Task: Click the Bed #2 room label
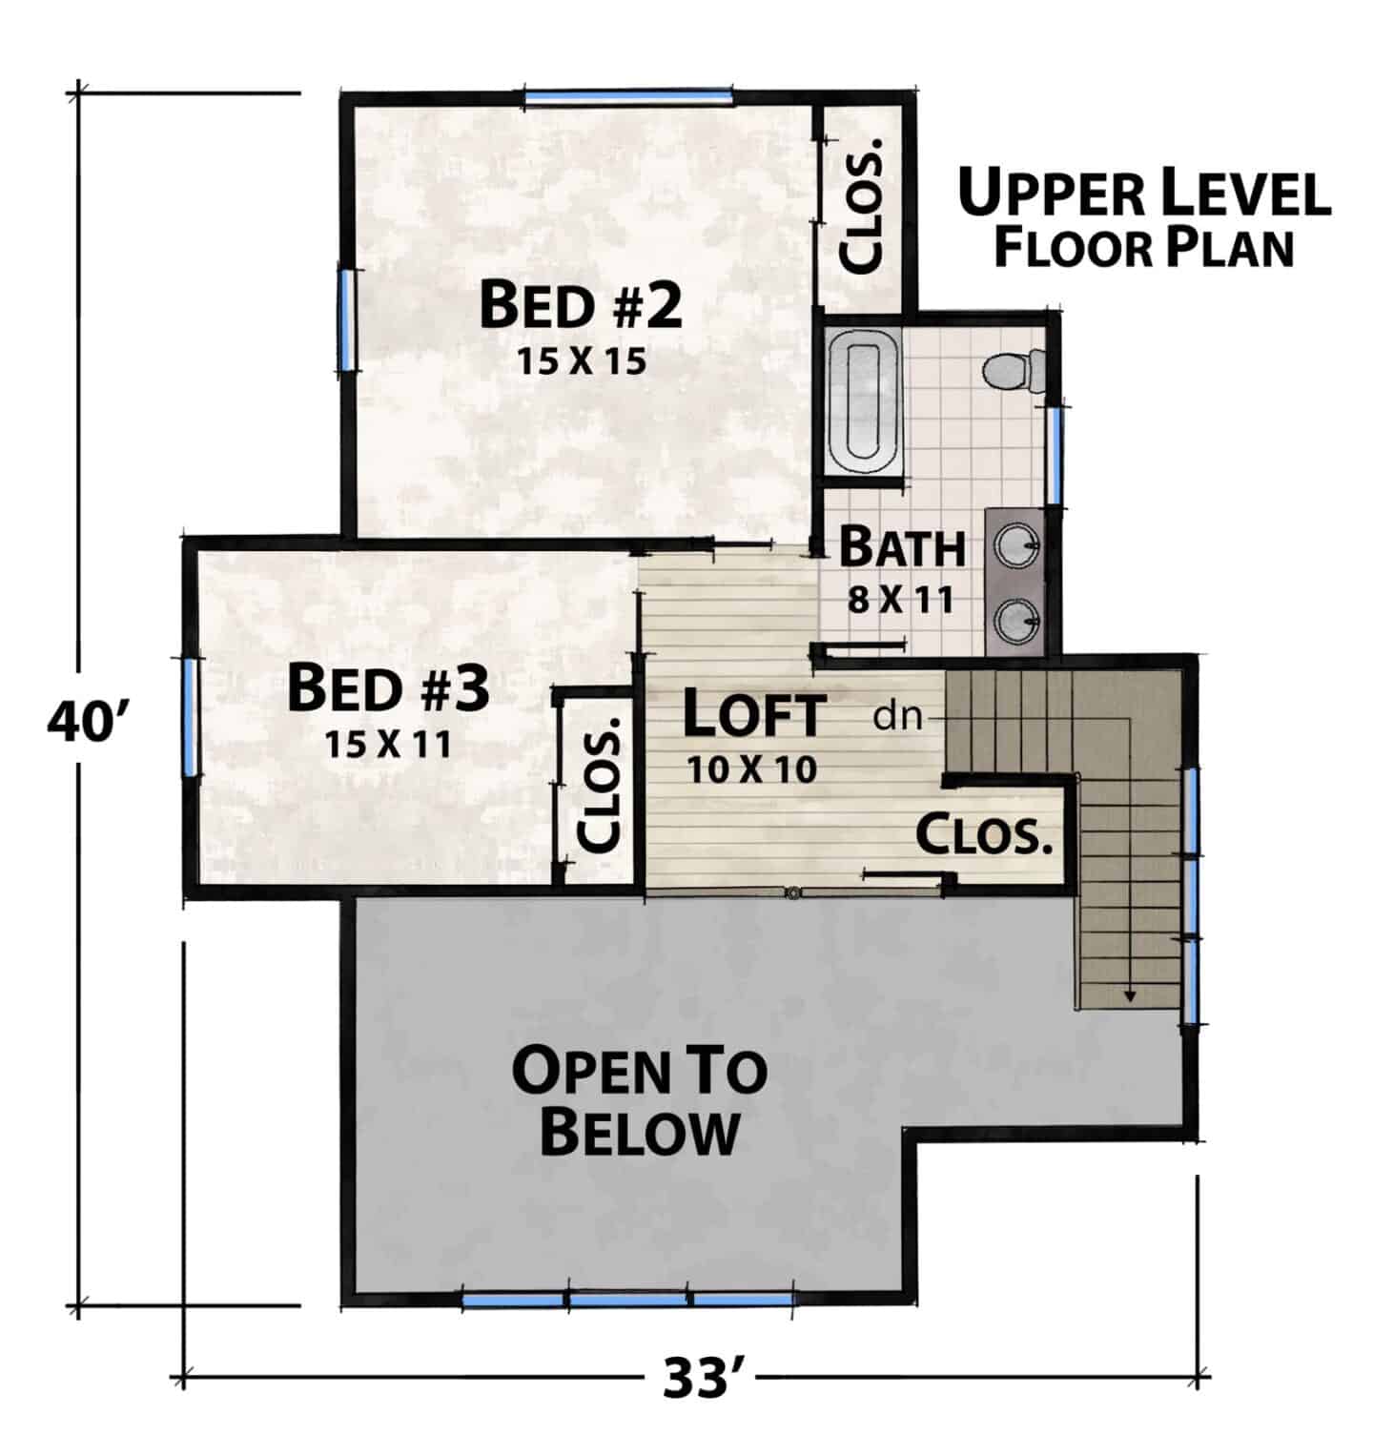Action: pyautogui.click(x=581, y=304)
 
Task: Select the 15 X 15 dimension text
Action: pyautogui.click(x=582, y=361)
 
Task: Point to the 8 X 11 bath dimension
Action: pyautogui.click(x=901, y=599)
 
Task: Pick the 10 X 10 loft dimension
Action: pyautogui.click(x=752, y=768)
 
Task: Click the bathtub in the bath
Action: pyautogui.click(x=865, y=401)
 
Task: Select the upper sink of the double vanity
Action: pyautogui.click(x=1016, y=545)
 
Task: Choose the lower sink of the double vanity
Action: pyautogui.click(x=1016, y=623)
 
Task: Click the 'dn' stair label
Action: pyautogui.click(x=898, y=716)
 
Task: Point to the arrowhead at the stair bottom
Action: pyautogui.click(x=1130, y=995)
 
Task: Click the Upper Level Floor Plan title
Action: pyautogui.click(x=1144, y=219)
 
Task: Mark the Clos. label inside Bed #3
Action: pyautogui.click(x=601, y=786)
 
